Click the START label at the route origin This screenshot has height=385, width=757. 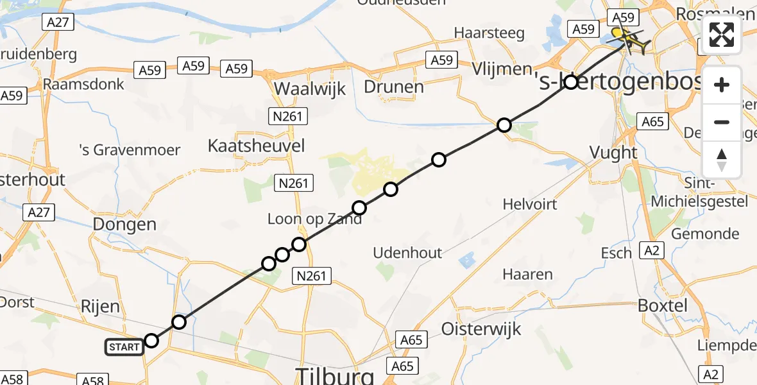(x=124, y=347)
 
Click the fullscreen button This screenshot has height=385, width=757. (x=722, y=35)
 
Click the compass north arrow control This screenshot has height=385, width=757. (x=722, y=160)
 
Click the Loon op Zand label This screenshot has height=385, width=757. (x=314, y=219)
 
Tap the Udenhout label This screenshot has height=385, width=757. (x=408, y=253)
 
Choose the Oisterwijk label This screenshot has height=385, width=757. (x=481, y=329)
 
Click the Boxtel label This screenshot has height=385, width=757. (x=663, y=305)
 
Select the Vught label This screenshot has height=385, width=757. (x=615, y=153)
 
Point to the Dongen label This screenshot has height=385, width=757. (x=124, y=225)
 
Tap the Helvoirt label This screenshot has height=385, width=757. (x=530, y=205)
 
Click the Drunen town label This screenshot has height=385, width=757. (x=394, y=87)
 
